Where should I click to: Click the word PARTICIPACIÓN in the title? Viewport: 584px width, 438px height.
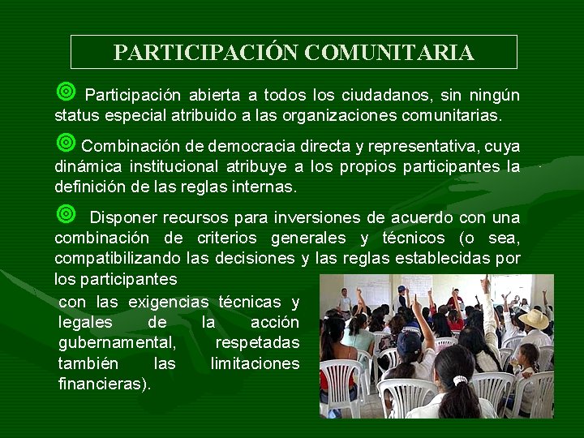[207, 54]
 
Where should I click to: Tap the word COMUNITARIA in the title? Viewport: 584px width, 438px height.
[389, 54]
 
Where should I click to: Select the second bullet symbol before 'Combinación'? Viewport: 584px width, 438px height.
[66, 144]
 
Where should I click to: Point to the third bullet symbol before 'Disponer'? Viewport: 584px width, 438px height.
[66, 214]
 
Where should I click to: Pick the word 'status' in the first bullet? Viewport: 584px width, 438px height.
[76, 116]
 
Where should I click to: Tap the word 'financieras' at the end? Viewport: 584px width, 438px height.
[102, 383]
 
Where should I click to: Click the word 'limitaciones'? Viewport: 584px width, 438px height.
[255, 363]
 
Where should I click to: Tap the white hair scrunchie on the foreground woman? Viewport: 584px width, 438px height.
[460, 380]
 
